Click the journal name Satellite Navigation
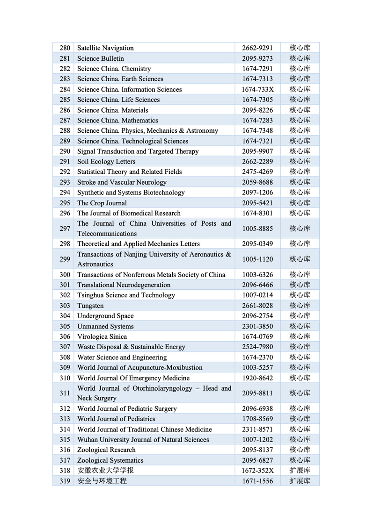105,48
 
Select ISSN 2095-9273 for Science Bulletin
257,58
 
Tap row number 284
65,89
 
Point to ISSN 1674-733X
257,89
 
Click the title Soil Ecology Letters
106,162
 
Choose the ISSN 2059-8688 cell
257,182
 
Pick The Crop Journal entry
102,203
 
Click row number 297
65,229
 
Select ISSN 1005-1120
257,259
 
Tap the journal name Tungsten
90,306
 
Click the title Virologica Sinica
102,336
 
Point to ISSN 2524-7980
257,347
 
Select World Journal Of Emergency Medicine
133,378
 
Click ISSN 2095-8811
257,393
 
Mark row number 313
65,419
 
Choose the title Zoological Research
106,450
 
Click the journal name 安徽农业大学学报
102,471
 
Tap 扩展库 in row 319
300,481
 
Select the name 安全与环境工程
102,481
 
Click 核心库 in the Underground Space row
300,316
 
